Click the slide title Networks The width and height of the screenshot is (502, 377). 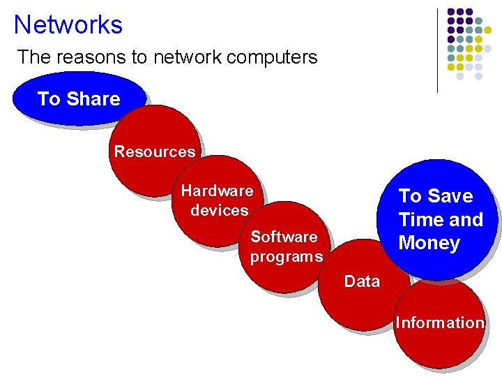coord(68,24)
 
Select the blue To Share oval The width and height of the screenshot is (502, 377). coord(78,99)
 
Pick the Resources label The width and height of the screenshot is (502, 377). coord(154,151)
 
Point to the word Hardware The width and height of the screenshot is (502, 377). coord(217,191)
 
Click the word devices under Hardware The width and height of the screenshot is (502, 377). coord(219,210)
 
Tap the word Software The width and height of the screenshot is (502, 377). coord(284,237)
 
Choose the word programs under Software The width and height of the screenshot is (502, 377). coord(286,256)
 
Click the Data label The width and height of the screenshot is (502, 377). coord(362,281)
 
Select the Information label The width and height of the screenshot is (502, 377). coord(439,323)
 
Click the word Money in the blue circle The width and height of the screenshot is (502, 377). coord(429,243)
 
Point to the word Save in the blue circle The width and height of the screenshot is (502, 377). coord(450,195)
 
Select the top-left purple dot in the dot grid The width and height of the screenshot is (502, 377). coord(451,12)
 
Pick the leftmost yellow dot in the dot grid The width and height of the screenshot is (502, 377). coord(451,67)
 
